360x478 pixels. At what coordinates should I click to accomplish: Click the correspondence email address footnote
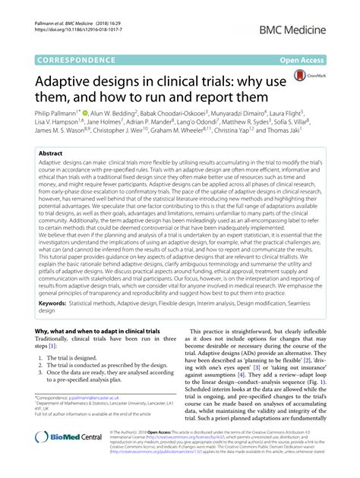[79, 418]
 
